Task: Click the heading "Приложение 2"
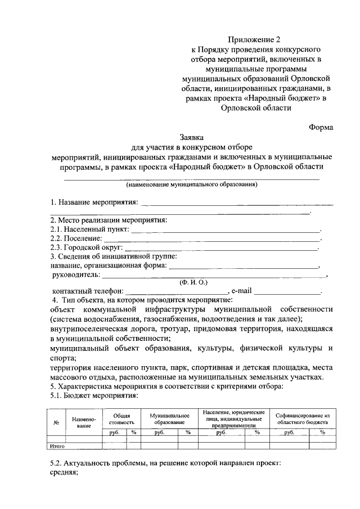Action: pyautogui.click(x=254, y=40)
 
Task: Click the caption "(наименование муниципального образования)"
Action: pyautogui.click(x=192, y=184)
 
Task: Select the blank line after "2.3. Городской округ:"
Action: pyautogui.click(x=220, y=247)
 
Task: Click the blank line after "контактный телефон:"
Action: pyautogui.click(x=178, y=292)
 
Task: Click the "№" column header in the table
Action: pyautogui.click(x=56, y=423)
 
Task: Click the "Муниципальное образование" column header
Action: pyautogui.click(x=169, y=418)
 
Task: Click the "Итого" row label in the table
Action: pyautogui.click(x=57, y=445)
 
